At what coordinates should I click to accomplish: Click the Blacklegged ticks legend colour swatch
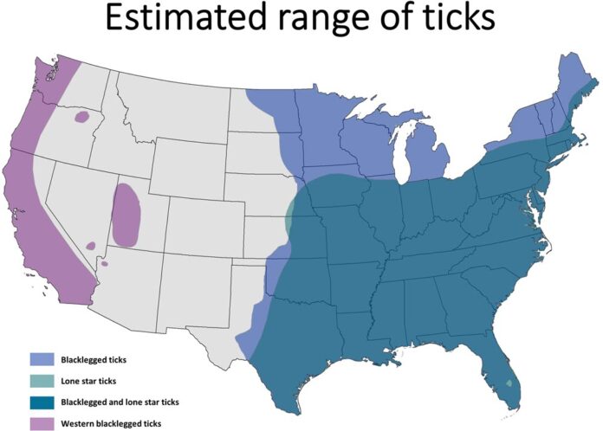pos(41,358)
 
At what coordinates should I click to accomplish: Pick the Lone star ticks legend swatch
pos(41,380)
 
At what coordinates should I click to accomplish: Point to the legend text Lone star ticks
pos(90,380)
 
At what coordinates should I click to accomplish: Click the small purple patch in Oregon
pos(82,116)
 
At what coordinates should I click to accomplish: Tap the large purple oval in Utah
pos(126,214)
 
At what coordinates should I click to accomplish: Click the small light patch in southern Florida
pos(509,382)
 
